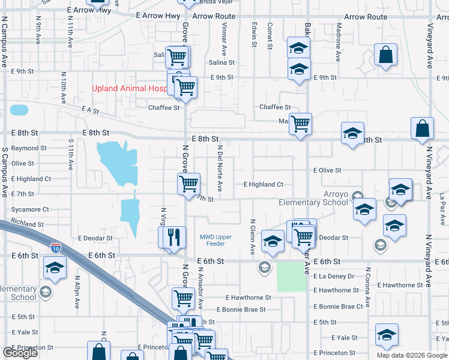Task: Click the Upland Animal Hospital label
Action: click(128, 88)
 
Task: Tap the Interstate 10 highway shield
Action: click(56, 247)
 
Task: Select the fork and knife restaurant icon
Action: click(175, 236)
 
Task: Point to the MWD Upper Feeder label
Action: click(215, 240)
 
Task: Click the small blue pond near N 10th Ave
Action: click(19, 110)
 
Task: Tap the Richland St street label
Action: click(28, 224)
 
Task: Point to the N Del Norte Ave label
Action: click(220, 168)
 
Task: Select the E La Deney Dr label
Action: click(334, 276)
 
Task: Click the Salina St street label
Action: click(221, 62)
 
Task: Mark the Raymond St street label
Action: click(29, 148)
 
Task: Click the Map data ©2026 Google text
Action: click(412, 355)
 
